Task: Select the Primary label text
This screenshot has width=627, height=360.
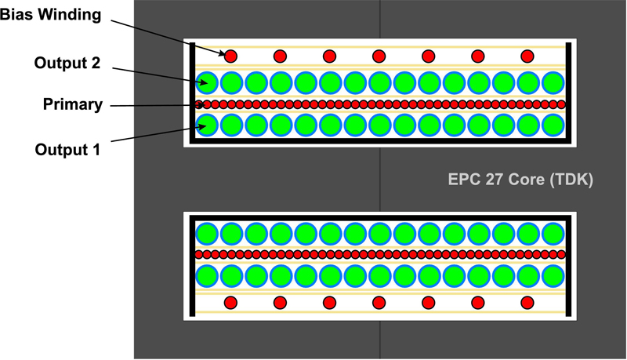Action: click(73, 104)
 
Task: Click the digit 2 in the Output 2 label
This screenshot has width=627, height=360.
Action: click(95, 63)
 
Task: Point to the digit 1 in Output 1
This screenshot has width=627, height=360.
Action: click(96, 150)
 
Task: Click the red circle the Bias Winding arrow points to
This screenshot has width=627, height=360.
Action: click(230, 56)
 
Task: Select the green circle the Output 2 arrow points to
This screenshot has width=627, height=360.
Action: click(207, 83)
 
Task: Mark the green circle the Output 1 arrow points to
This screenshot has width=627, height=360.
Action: click(207, 125)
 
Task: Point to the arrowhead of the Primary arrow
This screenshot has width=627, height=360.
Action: click(201, 105)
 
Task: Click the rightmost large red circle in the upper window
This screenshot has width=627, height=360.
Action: click(527, 56)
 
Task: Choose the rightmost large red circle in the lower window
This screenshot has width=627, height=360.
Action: click(527, 303)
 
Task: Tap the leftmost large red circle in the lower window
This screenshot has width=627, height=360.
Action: click(230, 303)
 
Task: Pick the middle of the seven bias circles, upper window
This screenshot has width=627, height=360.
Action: click(379, 56)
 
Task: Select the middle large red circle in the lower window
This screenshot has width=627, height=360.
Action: click(379, 303)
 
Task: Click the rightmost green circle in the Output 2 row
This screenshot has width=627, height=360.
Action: click(553, 83)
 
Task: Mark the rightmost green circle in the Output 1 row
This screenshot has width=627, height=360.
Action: click(553, 125)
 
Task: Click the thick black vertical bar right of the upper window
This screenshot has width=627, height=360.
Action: click(569, 93)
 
